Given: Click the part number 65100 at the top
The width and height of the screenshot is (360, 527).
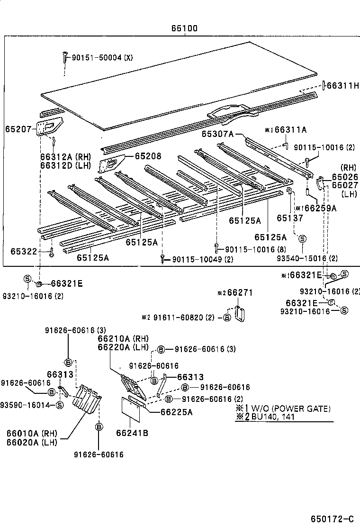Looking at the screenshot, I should [x=184, y=29].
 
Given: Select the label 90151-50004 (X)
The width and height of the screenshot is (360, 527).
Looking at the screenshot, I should [x=102, y=57].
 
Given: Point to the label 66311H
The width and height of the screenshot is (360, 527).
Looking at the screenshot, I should [x=343, y=86].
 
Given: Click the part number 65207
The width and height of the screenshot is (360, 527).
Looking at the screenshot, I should [x=18, y=129].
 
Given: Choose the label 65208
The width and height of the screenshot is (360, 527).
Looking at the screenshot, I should [x=148, y=156].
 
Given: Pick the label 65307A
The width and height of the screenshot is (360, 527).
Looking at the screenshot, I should [x=217, y=134].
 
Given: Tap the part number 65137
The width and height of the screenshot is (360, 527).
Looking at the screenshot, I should [x=289, y=218].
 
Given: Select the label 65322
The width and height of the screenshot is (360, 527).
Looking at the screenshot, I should [x=24, y=251].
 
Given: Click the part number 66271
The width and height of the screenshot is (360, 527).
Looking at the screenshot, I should [x=240, y=293].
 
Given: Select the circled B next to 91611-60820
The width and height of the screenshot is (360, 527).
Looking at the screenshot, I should [x=227, y=317].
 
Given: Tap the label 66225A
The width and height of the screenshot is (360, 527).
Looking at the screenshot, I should [x=176, y=412].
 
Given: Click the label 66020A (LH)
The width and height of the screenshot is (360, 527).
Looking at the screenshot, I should [x=32, y=442].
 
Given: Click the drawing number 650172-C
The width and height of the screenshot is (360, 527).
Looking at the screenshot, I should [x=332, y=518].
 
